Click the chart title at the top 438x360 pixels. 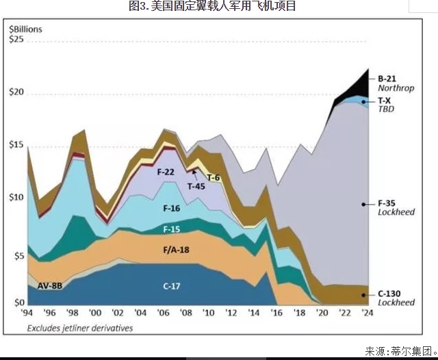212,7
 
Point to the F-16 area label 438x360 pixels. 172,208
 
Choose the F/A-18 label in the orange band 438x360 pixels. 173,250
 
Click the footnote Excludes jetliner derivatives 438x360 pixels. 80,328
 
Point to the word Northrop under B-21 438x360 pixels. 396,88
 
